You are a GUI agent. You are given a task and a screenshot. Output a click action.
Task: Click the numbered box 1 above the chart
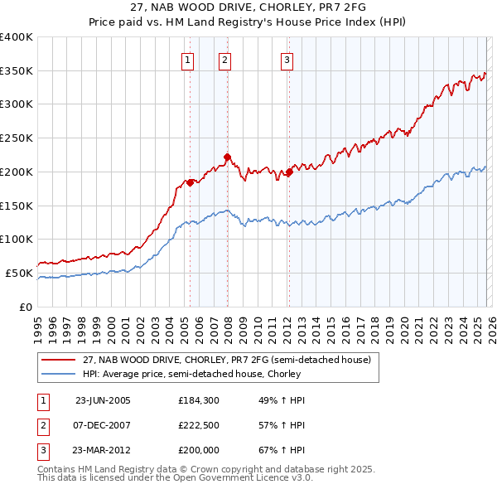tap(188, 59)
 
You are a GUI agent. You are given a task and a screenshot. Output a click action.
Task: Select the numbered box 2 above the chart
tap(224, 59)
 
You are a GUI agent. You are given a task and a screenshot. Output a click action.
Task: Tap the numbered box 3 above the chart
tap(287, 59)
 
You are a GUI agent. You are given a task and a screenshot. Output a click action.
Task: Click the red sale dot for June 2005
tap(191, 182)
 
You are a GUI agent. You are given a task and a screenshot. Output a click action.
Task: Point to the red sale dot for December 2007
tap(227, 156)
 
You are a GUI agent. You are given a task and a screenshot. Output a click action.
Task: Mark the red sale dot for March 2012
tap(289, 172)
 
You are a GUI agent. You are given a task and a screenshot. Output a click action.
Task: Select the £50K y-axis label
tap(19, 273)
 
